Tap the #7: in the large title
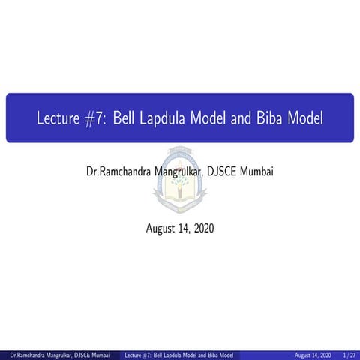(x=96, y=118)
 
